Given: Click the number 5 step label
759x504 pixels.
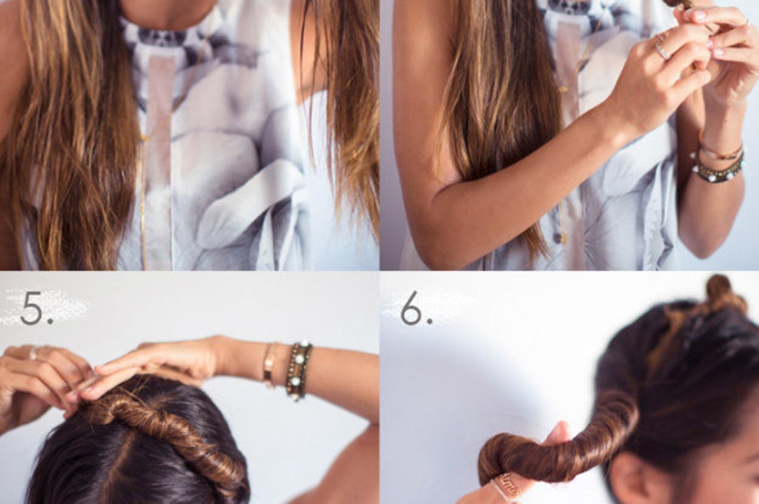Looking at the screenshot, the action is (x=36, y=308).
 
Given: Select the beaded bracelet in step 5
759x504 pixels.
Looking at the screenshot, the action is (x=298, y=371).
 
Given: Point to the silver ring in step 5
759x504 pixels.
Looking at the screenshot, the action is (x=33, y=353).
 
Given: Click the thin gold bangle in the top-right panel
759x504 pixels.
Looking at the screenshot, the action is (x=720, y=152).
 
